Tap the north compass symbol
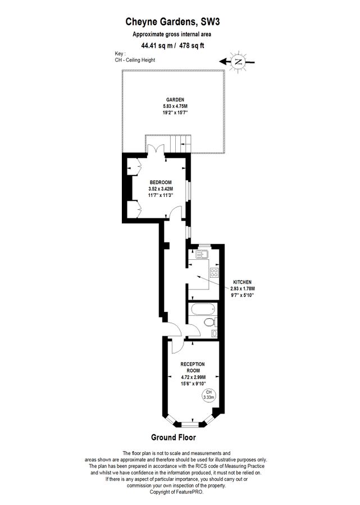point(238,62)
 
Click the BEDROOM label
point(161,182)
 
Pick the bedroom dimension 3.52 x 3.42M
point(161,189)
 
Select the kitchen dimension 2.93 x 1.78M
point(243,288)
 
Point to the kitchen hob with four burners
point(213,273)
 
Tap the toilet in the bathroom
point(210,322)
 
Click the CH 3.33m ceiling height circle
point(209,396)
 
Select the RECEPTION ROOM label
point(193,367)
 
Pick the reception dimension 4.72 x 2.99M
point(193,377)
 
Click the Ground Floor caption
point(174,437)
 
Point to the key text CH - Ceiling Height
point(135,60)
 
